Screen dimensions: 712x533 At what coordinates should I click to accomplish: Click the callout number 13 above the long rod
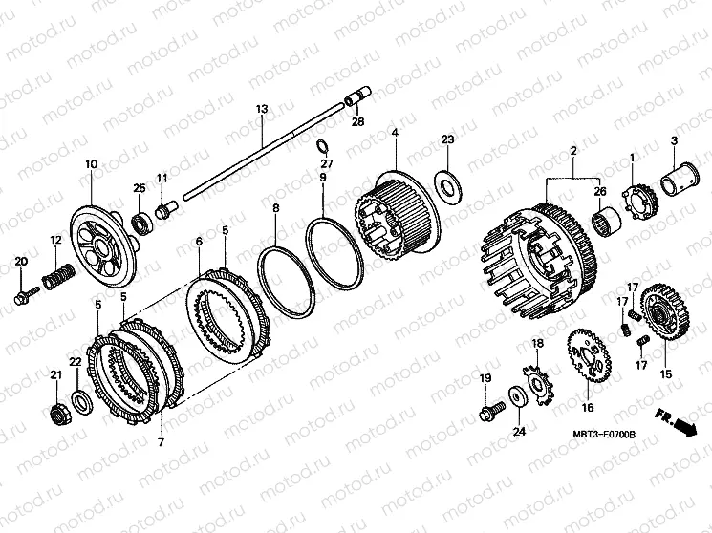(262, 109)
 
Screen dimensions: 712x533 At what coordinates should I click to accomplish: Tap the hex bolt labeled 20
(27, 295)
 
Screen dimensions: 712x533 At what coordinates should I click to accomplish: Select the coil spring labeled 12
(57, 276)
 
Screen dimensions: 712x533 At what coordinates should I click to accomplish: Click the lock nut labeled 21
(56, 412)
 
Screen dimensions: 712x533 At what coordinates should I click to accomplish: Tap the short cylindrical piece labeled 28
(357, 96)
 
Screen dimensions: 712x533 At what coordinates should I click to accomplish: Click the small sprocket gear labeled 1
(637, 200)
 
